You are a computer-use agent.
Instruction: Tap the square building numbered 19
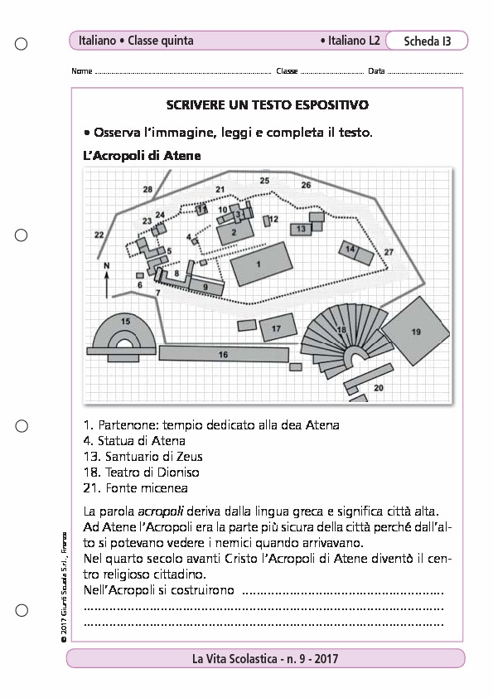(416, 332)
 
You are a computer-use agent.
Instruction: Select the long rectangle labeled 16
(223, 354)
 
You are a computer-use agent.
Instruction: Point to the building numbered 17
(276, 329)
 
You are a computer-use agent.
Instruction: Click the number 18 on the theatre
(341, 329)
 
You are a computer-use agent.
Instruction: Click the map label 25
(264, 180)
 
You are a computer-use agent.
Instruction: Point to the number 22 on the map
(99, 235)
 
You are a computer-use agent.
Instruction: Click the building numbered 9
(205, 286)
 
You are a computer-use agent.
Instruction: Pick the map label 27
(388, 251)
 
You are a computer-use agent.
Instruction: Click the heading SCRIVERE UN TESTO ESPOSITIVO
(267, 106)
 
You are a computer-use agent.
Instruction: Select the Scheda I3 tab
(428, 41)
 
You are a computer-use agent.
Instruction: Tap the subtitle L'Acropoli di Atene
(142, 155)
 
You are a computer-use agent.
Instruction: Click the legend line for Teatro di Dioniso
(141, 472)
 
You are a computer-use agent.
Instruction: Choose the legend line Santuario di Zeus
(143, 456)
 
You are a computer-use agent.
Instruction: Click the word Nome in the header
(82, 71)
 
